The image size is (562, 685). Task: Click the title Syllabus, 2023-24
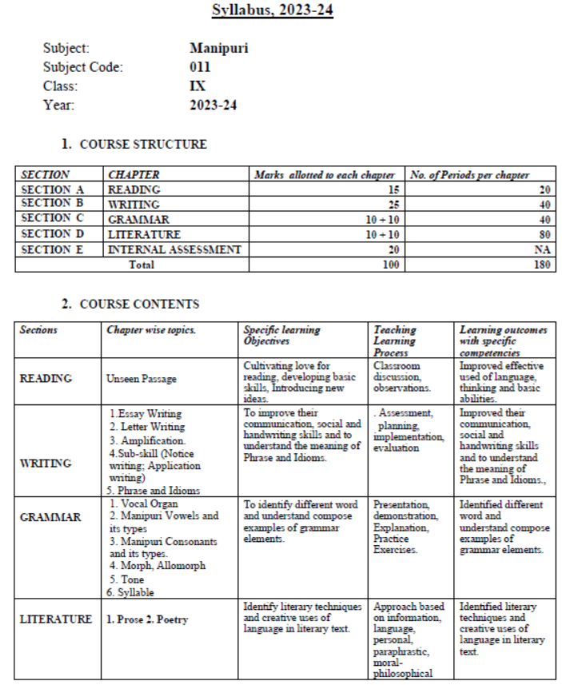(x=272, y=10)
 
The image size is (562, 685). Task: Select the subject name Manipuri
(x=218, y=48)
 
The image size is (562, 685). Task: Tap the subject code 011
(x=200, y=67)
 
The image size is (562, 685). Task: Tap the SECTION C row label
(x=52, y=218)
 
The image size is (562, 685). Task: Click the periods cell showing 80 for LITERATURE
(x=544, y=235)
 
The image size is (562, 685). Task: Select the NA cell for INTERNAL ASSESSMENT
(x=544, y=250)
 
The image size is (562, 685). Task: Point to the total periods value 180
(x=542, y=265)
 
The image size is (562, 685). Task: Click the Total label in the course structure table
(x=141, y=265)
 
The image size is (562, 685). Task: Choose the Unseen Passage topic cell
(x=141, y=380)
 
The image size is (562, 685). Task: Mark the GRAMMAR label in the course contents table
(x=50, y=517)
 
